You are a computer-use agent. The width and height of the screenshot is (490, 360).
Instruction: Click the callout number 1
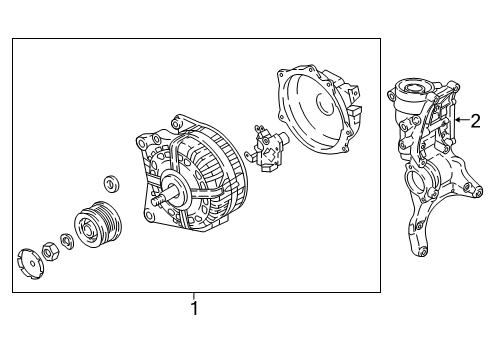tap(194, 308)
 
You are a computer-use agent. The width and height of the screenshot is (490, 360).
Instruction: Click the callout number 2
tap(476, 121)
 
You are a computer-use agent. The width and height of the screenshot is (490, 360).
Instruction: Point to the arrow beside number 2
tap(462, 119)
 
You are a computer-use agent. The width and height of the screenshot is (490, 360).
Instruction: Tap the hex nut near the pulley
tap(51, 251)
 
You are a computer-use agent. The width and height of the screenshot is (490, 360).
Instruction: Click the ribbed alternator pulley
tap(98, 224)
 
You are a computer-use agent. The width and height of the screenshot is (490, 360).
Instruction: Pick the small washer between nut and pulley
tap(67, 241)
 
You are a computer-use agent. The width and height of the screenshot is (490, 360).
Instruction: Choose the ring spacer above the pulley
tap(111, 183)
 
